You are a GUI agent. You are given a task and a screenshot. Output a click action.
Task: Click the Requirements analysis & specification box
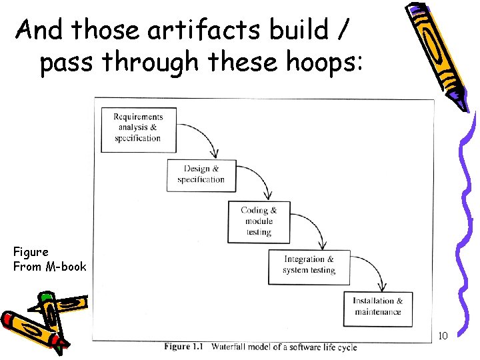139,128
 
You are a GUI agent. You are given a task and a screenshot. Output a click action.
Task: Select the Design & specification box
201,174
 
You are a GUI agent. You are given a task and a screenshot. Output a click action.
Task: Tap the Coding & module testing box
259,221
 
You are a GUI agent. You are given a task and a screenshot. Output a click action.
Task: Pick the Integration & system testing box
309,265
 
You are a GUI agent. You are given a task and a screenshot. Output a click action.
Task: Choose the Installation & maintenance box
378,306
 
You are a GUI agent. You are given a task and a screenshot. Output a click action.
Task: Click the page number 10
443,335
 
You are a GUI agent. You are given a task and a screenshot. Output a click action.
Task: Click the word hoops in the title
327,63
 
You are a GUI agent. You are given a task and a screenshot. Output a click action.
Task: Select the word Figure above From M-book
31,252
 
